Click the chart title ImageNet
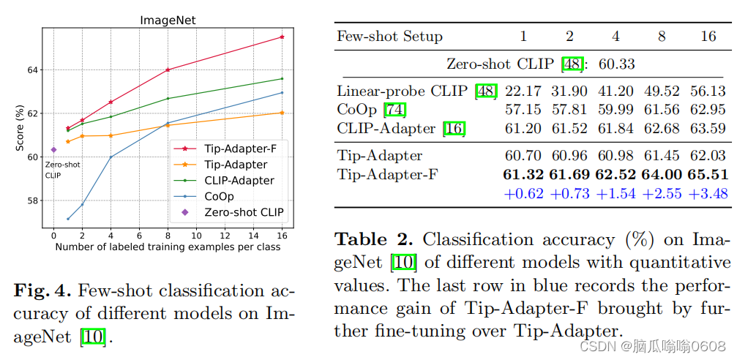tap(168, 20)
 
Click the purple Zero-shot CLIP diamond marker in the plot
tap(53, 149)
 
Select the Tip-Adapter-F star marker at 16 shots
tap(283, 37)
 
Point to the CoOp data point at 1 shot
tap(68, 219)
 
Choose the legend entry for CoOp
tap(219, 196)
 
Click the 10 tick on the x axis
tap(197, 236)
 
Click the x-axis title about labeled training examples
tap(168, 247)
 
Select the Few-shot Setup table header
tap(389, 37)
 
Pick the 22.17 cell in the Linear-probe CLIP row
tap(523, 91)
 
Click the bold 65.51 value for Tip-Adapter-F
tap(708, 174)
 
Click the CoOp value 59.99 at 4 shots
tap(616, 110)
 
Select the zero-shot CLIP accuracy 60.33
tap(617, 64)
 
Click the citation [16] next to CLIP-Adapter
tap(454, 130)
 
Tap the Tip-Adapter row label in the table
tap(380, 155)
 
